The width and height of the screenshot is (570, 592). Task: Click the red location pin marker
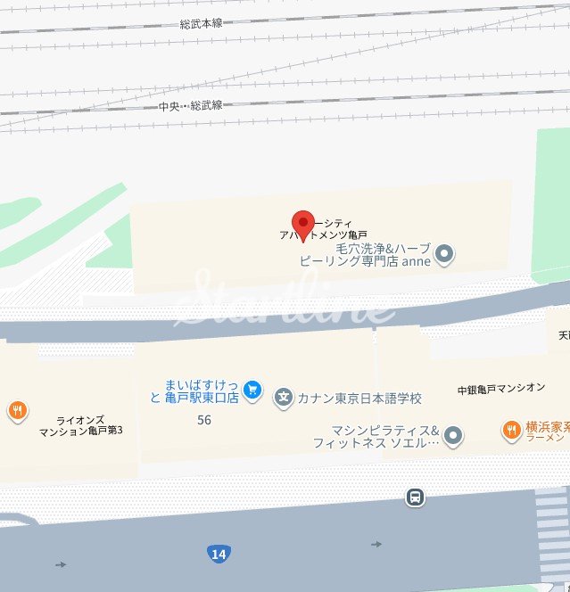click(x=304, y=225)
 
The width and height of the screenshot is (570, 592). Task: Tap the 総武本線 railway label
click(x=201, y=23)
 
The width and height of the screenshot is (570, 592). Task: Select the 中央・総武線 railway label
click(x=191, y=106)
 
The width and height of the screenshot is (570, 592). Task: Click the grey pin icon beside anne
click(x=444, y=257)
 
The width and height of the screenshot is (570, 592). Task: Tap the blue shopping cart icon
click(x=253, y=390)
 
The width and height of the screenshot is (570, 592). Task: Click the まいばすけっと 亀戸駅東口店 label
click(x=194, y=391)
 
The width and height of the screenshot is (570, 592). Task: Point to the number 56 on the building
click(x=204, y=420)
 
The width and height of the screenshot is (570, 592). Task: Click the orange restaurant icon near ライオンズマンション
click(x=16, y=411)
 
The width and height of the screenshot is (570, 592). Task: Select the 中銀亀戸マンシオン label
click(x=500, y=389)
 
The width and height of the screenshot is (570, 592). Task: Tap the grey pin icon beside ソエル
click(x=453, y=435)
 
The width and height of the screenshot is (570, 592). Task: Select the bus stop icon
click(x=415, y=497)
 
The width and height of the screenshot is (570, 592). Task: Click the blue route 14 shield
click(x=218, y=555)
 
